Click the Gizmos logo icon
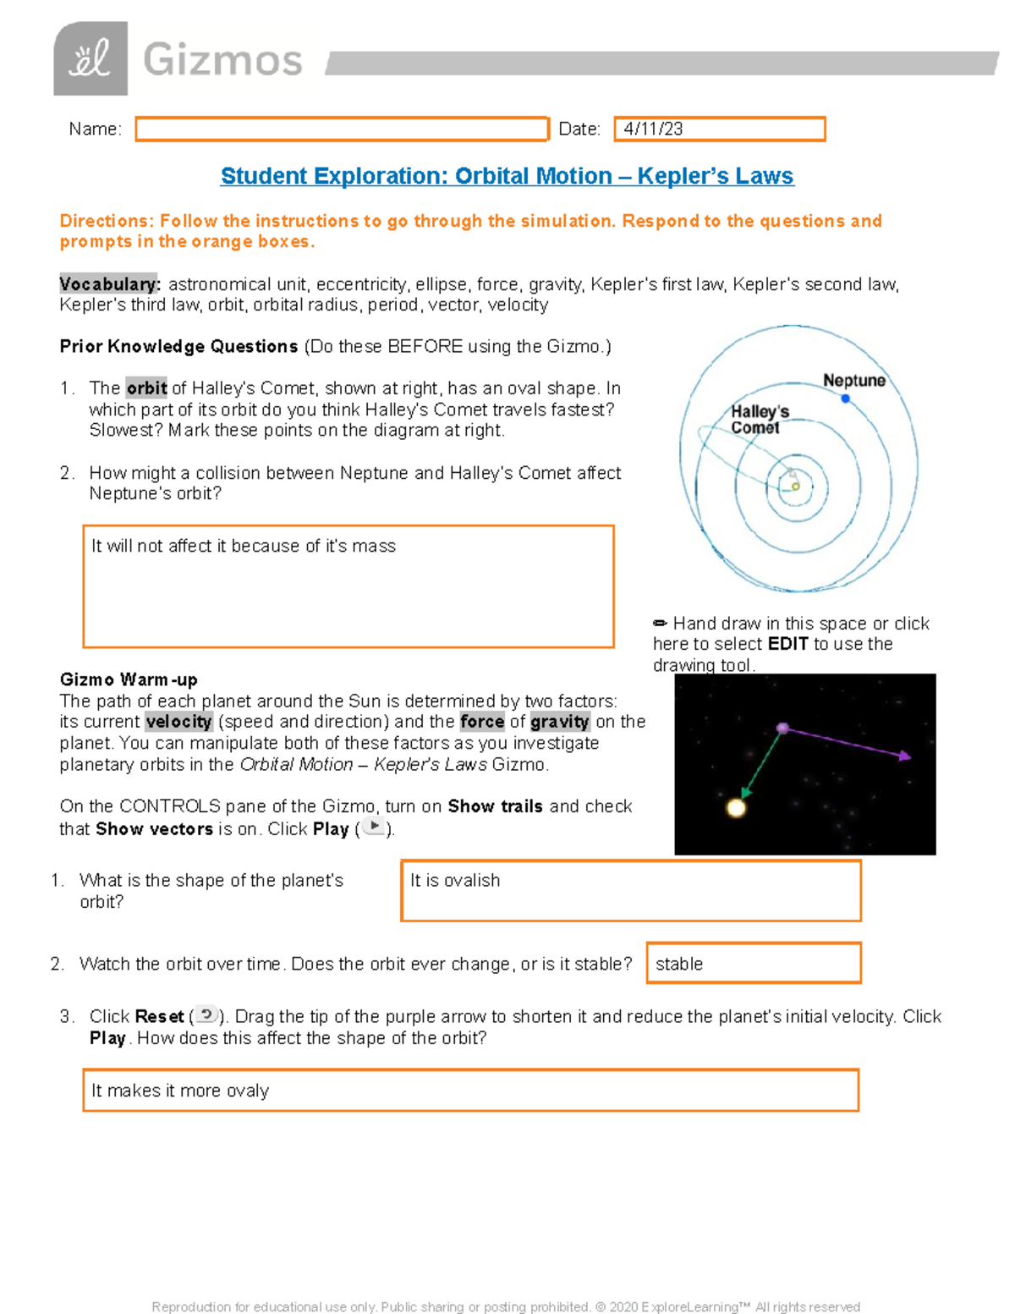91,58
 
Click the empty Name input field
342,129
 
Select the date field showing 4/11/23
719,129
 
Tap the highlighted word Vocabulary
109,284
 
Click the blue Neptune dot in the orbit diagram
845,399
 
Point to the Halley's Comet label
759,420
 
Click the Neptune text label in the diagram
854,381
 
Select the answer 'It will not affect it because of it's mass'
244,547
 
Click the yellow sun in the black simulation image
737,808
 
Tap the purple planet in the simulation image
783,728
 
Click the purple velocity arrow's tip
906,756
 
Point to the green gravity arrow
761,766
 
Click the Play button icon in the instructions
374,827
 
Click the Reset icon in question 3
206,1015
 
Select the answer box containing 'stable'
753,964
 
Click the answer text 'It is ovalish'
455,881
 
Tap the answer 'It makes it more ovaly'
180,1091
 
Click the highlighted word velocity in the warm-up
178,722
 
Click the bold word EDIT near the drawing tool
788,644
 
